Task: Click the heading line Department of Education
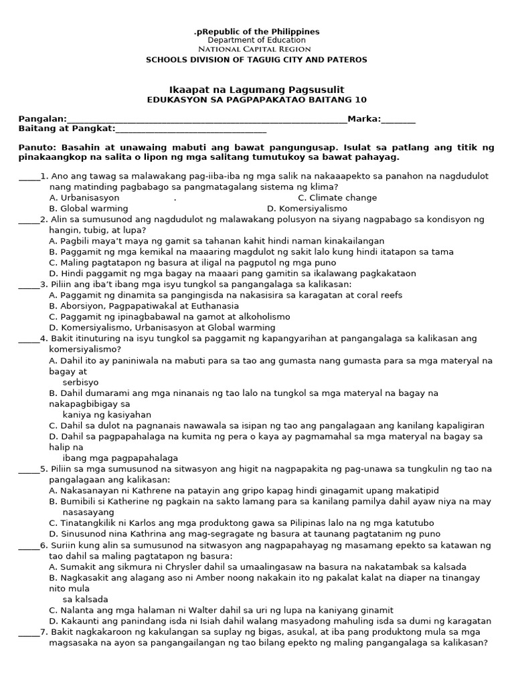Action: [x=256, y=40]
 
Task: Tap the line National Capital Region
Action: [x=256, y=50]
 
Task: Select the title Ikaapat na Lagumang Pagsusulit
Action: [x=256, y=90]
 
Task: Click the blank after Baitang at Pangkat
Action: [x=191, y=129]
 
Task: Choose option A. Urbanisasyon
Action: [x=84, y=198]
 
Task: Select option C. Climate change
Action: [x=337, y=198]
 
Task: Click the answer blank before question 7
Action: [x=29, y=633]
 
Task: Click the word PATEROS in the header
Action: [x=345, y=60]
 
